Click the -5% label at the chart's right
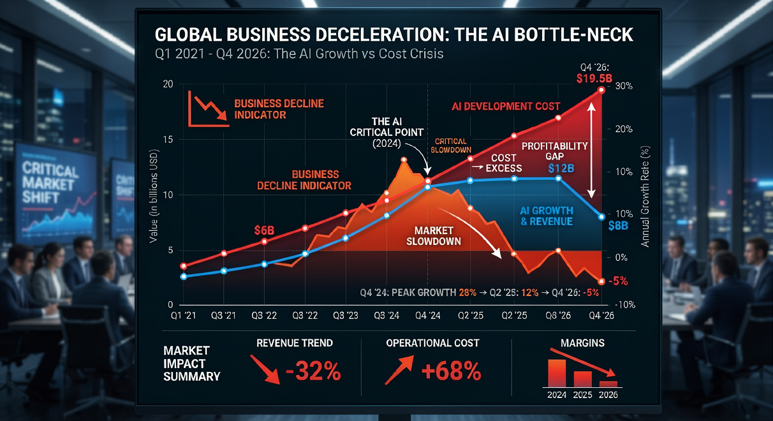pos(617,281)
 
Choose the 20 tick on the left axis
pos(168,85)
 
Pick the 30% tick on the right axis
pos(622,86)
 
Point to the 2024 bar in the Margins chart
pos(557,373)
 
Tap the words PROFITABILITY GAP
pos(554,151)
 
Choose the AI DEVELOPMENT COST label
pos(506,106)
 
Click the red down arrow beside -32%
pos(263,370)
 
